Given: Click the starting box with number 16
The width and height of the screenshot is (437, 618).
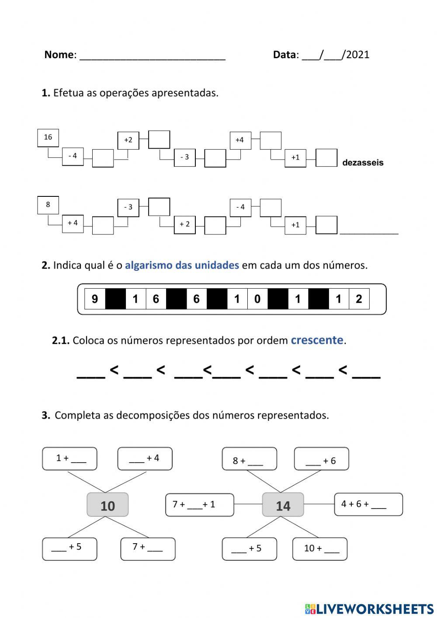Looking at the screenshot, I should (x=48, y=138).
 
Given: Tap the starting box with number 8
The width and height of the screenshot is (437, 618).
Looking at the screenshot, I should (x=48, y=205).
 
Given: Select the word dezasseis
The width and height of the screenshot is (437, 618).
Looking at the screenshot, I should (x=363, y=163).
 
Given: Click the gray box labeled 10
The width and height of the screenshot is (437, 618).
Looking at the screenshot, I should (x=108, y=505).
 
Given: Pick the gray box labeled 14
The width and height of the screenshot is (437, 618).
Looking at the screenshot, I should (x=283, y=505).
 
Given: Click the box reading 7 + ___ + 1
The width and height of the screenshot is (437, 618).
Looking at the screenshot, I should (x=200, y=505).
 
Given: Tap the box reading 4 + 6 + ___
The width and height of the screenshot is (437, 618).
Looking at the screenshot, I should (x=368, y=504).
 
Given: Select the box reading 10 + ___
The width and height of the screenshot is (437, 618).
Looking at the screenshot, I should (x=319, y=548).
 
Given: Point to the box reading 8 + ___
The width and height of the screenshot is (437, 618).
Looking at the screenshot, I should (x=249, y=459).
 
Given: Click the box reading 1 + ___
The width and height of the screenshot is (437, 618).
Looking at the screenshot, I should (x=69, y=459).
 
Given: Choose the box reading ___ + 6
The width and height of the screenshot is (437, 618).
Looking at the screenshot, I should (x=321, y=459).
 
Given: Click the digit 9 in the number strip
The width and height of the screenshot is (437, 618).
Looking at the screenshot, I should (x=95, y=299).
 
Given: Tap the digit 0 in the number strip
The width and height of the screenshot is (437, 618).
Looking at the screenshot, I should (x=257, y=299).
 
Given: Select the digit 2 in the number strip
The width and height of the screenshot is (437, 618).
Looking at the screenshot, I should (x=359, y=299).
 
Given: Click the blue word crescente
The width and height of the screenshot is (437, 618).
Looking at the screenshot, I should (x=317, y=340).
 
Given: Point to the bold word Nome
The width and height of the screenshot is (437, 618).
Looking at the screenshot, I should (x=59, y=55).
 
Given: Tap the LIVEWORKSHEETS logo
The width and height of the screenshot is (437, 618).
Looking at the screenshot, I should (x=369, y=608).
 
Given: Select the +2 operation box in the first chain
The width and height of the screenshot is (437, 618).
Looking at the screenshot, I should (x=128, y=140).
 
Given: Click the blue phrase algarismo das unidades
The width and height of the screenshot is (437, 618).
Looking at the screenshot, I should (x=182, y=265).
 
